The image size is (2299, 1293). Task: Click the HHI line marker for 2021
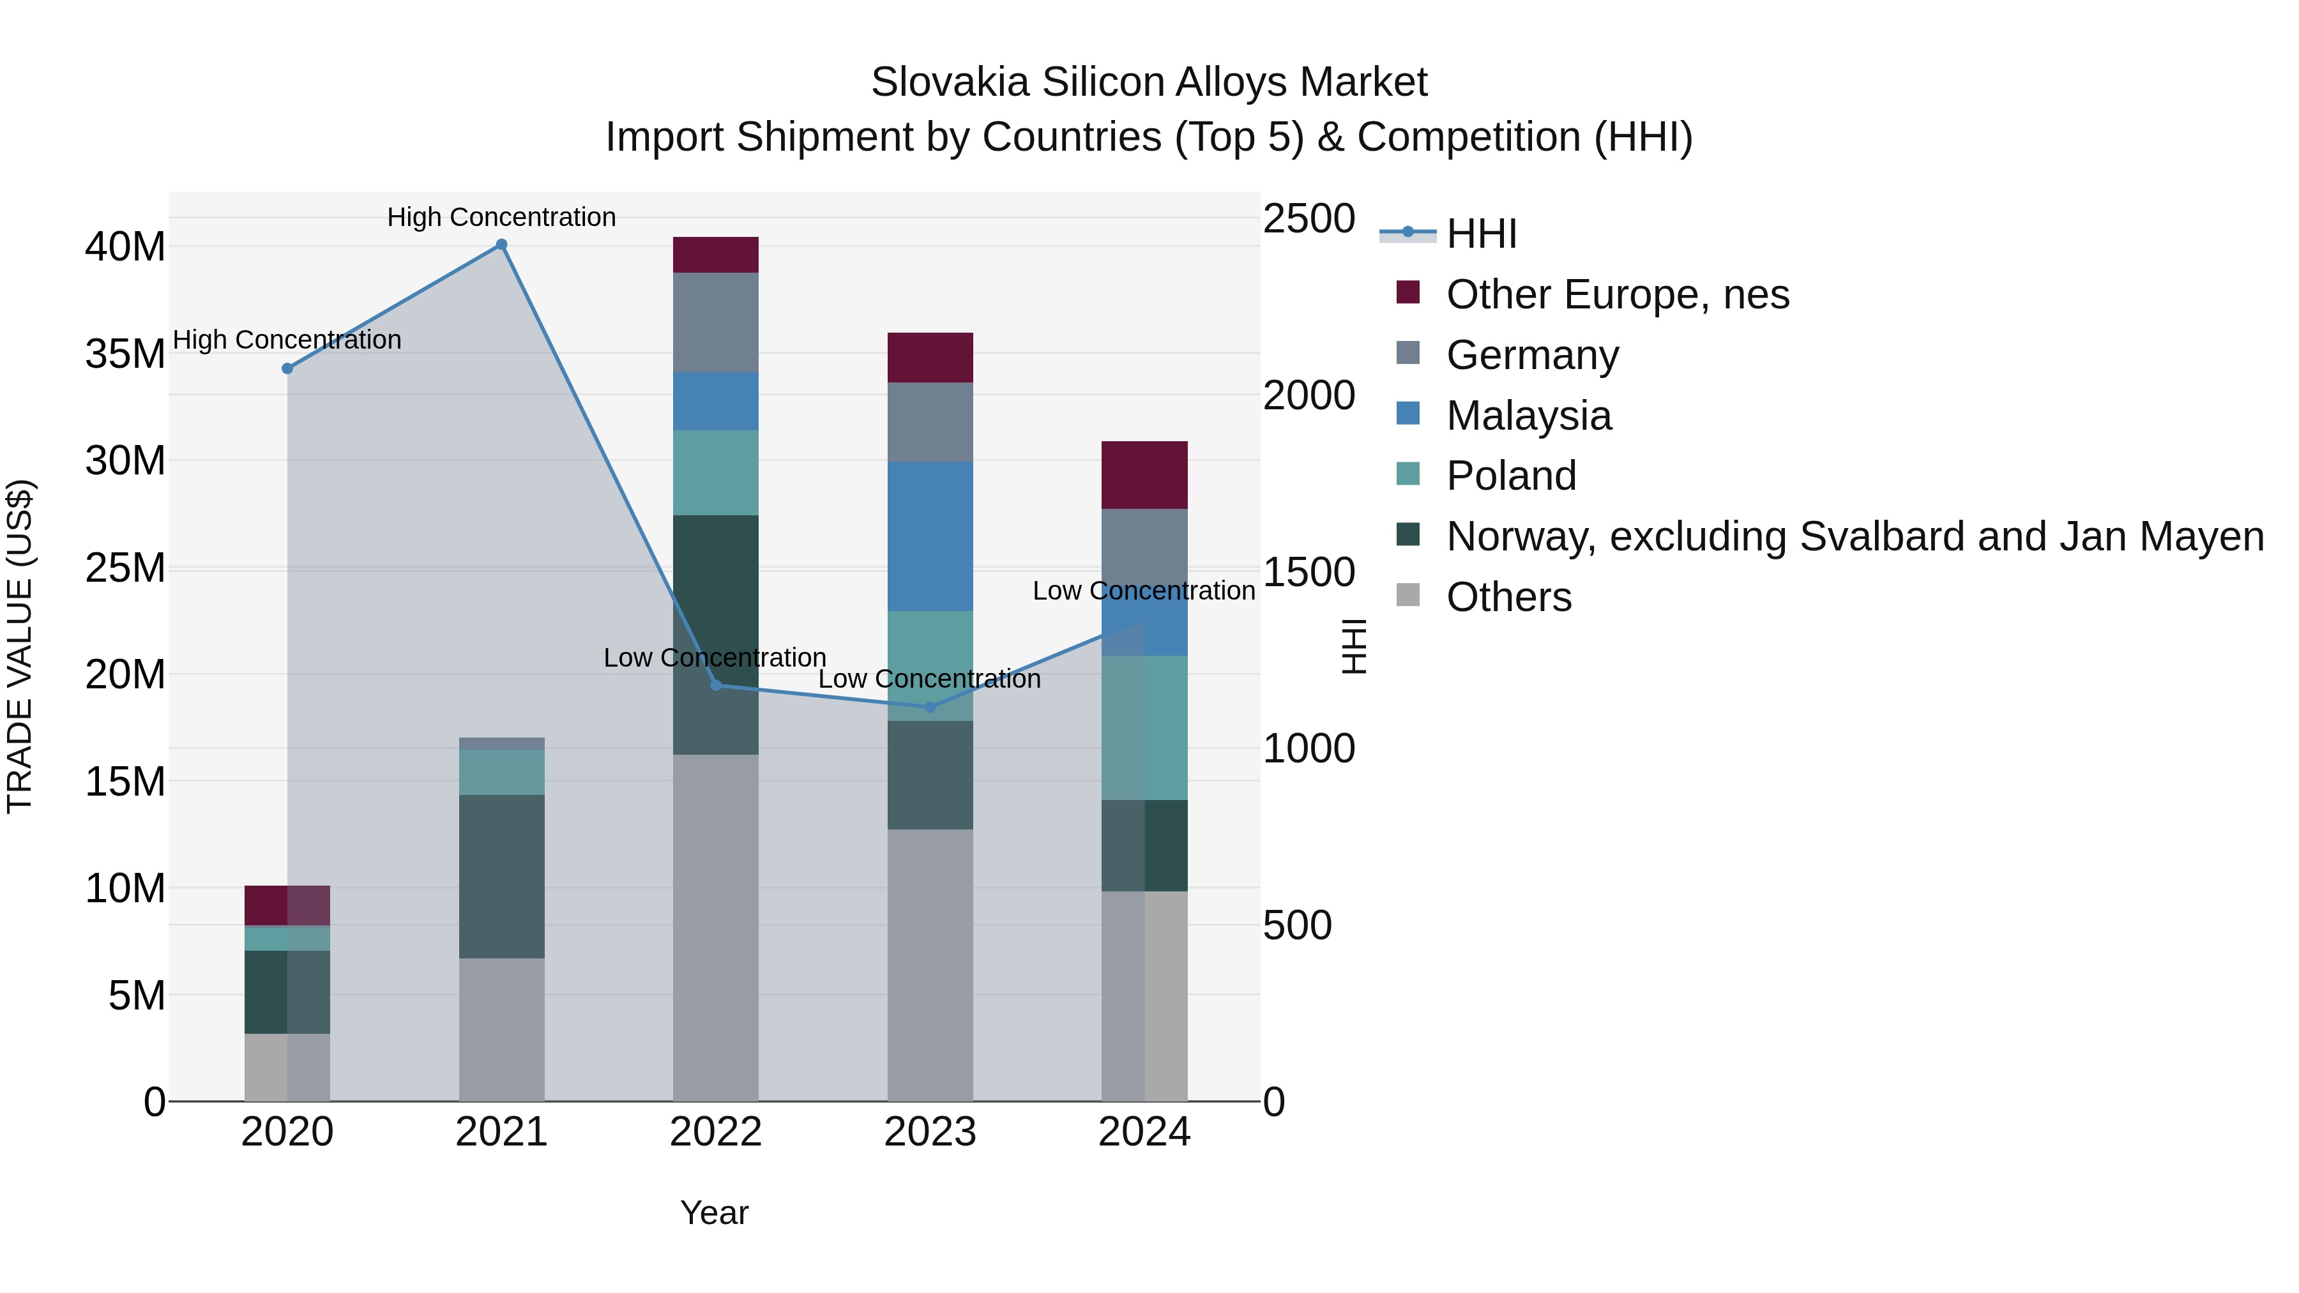(501, 245)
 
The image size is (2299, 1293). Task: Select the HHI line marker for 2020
(287, 368)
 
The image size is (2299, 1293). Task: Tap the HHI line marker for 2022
(716, 684)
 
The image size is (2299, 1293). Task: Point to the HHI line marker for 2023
(930, 707)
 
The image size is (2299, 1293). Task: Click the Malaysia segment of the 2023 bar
(930, 536)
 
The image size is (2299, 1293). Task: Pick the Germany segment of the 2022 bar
(716, 322)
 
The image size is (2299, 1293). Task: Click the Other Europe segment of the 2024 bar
(1144, 474)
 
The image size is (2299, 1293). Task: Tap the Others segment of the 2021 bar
(501, 1029)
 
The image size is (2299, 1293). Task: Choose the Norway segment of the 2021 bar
(501, 876)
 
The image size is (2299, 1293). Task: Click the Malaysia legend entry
(1528, 416)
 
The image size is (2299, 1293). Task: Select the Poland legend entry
(1510, 476)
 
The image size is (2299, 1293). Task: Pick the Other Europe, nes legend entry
(1616, 294)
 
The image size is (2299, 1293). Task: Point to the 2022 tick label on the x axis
(716, 1132)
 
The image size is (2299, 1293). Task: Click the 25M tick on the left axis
(125, 568)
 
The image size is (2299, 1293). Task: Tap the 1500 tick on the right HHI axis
(1309, 572)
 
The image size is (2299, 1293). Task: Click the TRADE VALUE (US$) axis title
(20, 646)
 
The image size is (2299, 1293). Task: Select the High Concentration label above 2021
(501, 217)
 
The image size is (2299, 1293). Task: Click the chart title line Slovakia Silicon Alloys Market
(1149, 82)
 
